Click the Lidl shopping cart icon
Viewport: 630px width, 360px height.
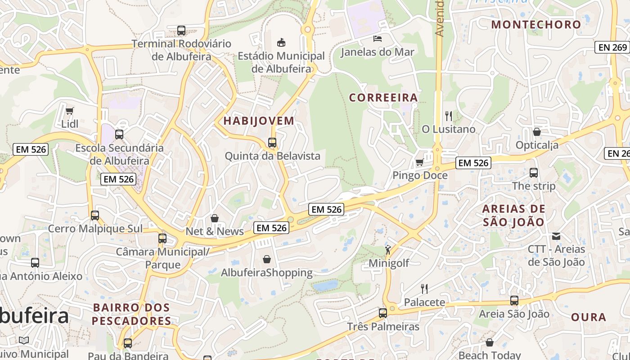tap(69, 111)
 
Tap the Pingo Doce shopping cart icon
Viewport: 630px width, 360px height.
tap(419, 162)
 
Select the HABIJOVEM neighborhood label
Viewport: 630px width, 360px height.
tap(259, 121)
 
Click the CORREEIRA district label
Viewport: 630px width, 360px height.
tap(383, 98)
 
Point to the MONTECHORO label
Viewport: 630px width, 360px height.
tap(536, 25)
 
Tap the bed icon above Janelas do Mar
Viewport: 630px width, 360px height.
tap(378, 39)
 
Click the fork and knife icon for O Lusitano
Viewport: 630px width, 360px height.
tap(448, 116)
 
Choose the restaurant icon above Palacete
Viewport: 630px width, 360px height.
tap(424, 288)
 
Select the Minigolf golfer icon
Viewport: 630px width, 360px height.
tap(388, 250)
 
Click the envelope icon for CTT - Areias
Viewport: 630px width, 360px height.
tap(556, 236)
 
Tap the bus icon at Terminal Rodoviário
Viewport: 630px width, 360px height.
tap(181, 31)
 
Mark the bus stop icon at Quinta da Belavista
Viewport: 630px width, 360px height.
tap(272, 143)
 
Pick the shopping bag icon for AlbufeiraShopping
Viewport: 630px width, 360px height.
tap(267, 259)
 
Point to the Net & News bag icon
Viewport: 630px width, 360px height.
tap(215, 218)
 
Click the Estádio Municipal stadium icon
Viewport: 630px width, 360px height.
tap(281, 43)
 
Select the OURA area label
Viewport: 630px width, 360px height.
tap(589, 317)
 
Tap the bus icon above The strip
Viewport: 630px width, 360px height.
tap(534, 172)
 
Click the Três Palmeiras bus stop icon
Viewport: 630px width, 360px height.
tap(383, 313)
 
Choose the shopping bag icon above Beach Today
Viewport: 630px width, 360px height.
tap(490, 343)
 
